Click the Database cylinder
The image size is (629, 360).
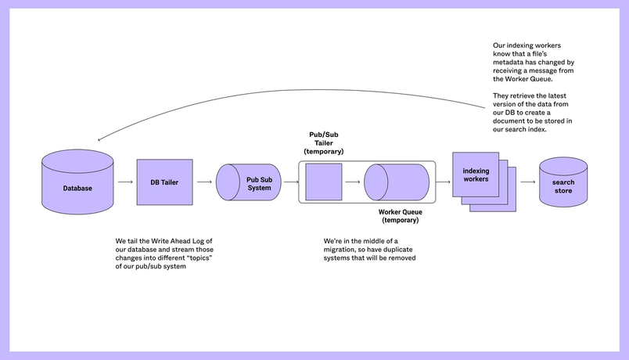click(x=77, y=182)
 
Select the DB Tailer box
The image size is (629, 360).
click(x=164, y=182)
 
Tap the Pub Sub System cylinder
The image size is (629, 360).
click(x=248, y=182)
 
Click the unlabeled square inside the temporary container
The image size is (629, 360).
click(x=324, y=182)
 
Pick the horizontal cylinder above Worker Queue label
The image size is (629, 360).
click(x=397, y=182)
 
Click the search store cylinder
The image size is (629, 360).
click(x=563, y=182)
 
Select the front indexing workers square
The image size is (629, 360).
click(x=476, y=175)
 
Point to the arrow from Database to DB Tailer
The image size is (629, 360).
click(x=125, y=182)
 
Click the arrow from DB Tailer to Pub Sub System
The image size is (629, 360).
click(x=204, y=182)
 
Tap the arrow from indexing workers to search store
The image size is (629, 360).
click(x=528, y=182)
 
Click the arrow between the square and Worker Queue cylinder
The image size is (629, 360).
click(x=353, y=182)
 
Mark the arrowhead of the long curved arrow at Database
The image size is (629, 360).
click(x=99, y=140)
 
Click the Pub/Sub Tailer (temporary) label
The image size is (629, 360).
click(x=324, y=143)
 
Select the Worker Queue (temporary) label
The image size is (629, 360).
click(x=401, y=216)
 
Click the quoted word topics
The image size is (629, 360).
click(x=199, y=258)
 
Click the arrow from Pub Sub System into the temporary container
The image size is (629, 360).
click(x=291, y=182)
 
